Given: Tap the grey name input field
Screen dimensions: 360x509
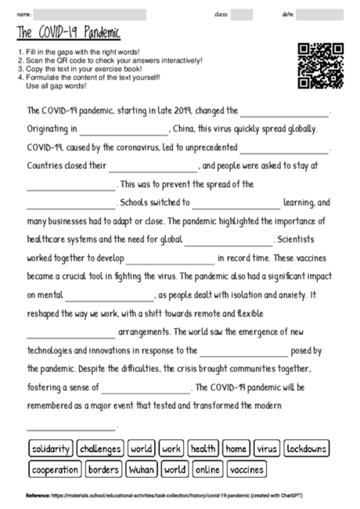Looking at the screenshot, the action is pyautogui.click(x=90, y=14).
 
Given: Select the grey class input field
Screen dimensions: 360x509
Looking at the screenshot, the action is pyautogui.click(x=242, y=14).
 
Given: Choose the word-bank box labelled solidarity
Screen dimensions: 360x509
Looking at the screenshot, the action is pyautogui.click(x=51, y=449).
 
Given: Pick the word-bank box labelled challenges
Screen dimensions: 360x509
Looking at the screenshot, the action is pyautogui.click(x=100, y=449).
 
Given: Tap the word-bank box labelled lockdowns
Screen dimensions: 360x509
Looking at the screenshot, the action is pyautogui.click(x=307, y=449).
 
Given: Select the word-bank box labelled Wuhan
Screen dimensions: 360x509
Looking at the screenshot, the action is pyautogui.click(x=141, y=470).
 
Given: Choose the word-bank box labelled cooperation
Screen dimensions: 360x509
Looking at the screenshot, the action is pyautogui.click(x=55, y=470).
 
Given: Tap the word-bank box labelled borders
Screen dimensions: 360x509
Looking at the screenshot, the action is pyautogui.click(x=103, y=470).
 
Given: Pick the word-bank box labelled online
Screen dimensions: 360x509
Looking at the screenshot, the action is pyautogui.click(x=207, y=470).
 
